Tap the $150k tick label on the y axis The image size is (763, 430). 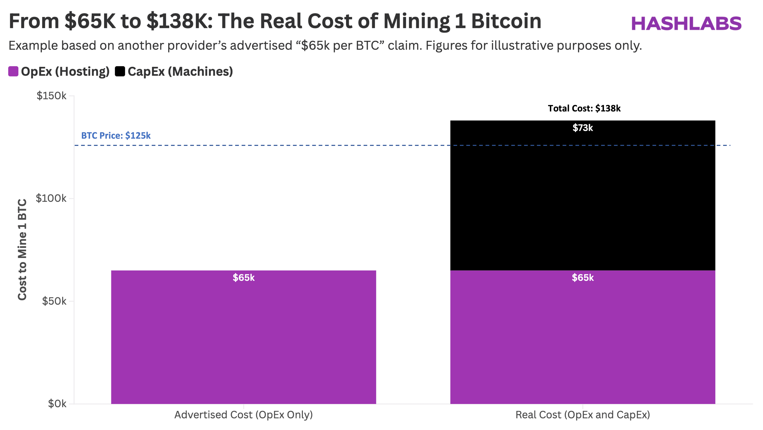pos(51,96)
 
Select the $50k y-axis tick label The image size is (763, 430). pos(54,301)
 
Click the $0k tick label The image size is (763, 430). pos(57,404)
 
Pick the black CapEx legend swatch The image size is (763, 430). pos(120,71)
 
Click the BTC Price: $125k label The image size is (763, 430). pos(116,136)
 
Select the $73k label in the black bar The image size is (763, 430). pos(583,128)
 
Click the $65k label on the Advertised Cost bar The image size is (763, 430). pos(244,278)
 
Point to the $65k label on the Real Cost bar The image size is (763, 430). pos(583,278)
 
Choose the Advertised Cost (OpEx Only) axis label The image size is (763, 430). pos(244,415)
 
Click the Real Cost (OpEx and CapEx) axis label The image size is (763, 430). pos(583,415)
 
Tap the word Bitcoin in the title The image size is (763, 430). pos(506,21)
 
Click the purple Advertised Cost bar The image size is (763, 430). pos(244,341)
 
